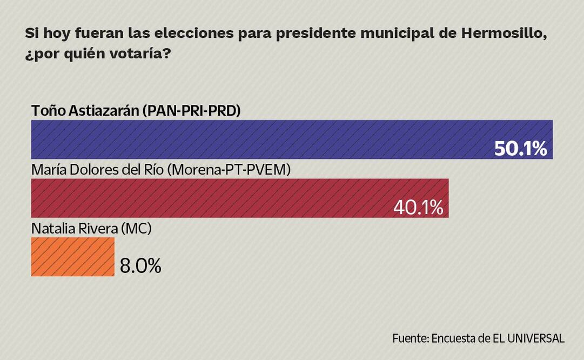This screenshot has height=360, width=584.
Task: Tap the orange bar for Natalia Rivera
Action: pyautogui.click(x=72, y=257)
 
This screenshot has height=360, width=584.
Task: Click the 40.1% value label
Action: pyautogui.click(x=418, y=207)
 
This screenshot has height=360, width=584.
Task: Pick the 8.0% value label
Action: pyautogui.click(x=140, y=266)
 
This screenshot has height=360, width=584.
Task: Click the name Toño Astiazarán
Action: pyautogui.click(x=85, y=110)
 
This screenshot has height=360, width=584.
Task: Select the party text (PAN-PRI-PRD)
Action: pyautogui.click(x=191, y=110)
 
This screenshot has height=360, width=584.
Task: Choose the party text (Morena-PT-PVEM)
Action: pyautogui.click(x=229, y=169)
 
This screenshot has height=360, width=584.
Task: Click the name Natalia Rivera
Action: pyautogui.click(x=74, y=228)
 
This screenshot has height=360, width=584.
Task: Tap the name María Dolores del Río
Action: pyautogui.click(x=97, y=169)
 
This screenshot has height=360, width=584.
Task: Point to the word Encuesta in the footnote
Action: pyautogui.click(x=454, y=338)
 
